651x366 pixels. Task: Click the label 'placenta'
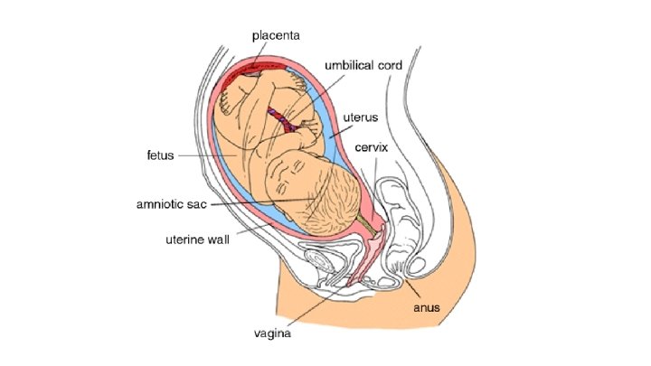(x=276, y=34)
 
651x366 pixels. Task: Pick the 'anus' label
(x=427, y=307)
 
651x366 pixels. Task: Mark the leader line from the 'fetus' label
(x=203, y=155)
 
